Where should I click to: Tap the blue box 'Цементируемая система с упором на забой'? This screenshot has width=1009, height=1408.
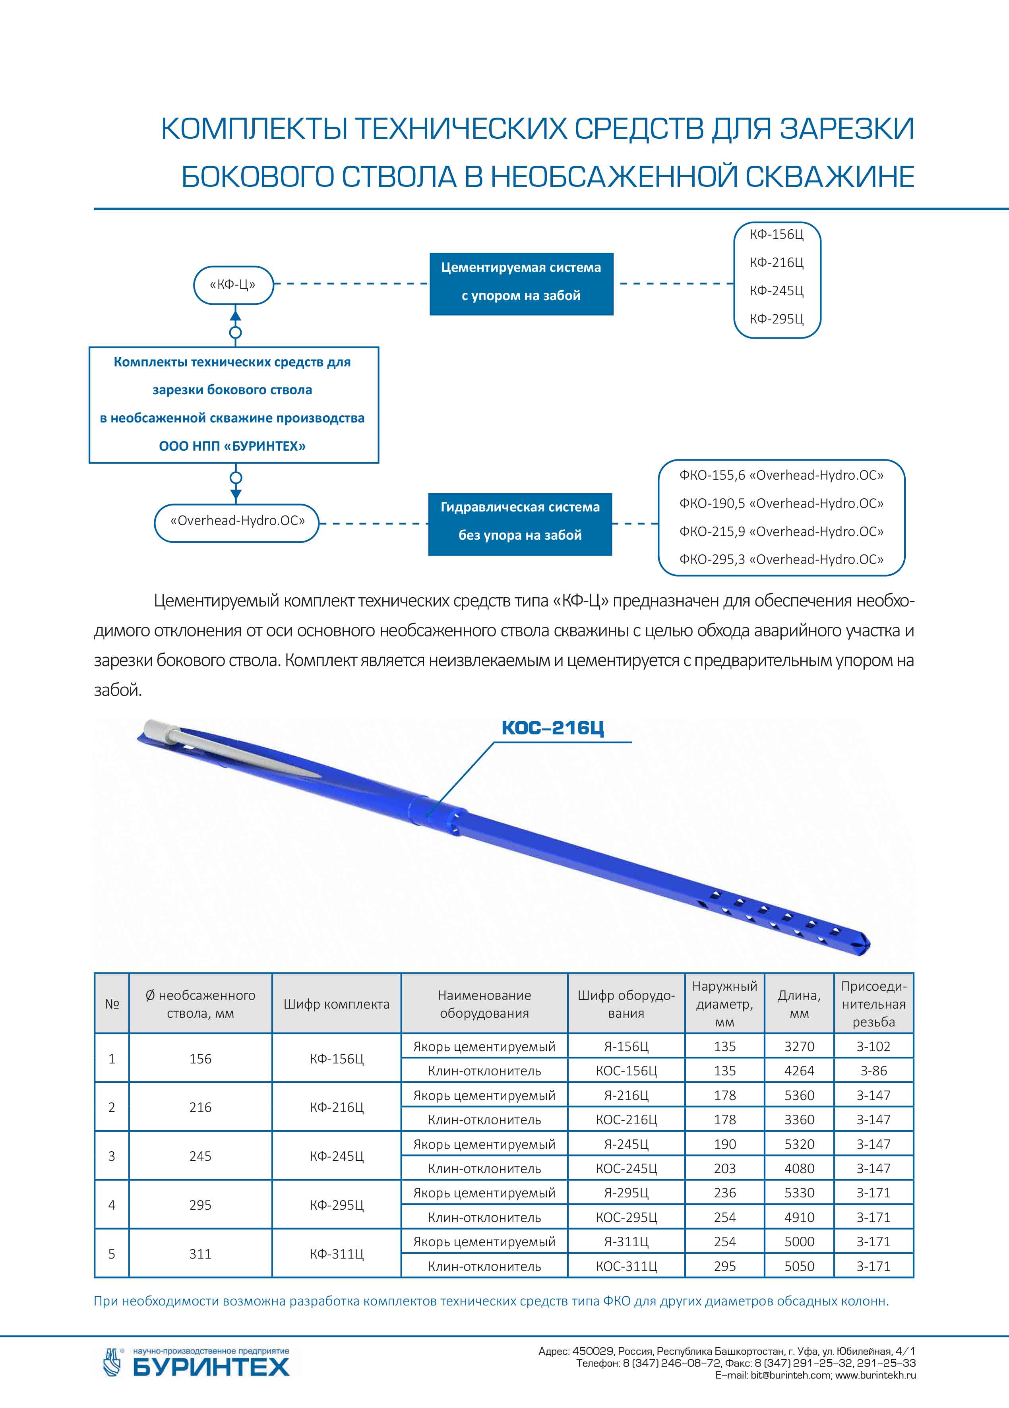521,284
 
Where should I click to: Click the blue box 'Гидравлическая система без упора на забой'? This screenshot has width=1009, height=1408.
520,524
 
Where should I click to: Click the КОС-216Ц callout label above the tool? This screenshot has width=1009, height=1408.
553,728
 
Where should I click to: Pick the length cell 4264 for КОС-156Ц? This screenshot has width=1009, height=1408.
799,1071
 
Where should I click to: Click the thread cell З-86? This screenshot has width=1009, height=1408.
873,1071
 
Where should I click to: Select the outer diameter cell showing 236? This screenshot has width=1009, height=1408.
724,1193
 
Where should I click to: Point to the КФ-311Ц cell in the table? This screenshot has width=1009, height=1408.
337,1254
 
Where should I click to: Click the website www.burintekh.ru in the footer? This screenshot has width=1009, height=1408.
876,1375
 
